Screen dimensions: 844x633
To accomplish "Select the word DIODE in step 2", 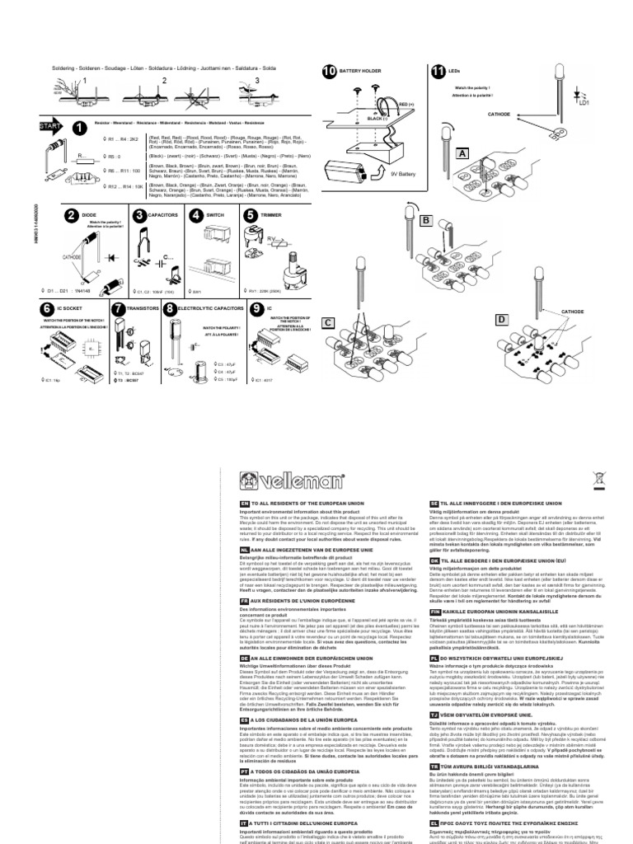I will [x=90, y=216].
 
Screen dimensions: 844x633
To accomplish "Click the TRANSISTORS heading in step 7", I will [x=143, y=308].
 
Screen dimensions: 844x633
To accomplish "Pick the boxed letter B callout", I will [x=426, y=221].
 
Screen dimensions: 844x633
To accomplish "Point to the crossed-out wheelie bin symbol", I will [x=600, y=478].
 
